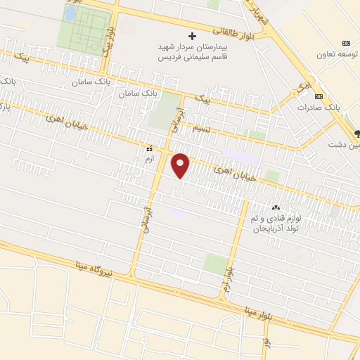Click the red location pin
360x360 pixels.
click(x=181, y=165)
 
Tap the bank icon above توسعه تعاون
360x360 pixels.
click(x=345, y=42)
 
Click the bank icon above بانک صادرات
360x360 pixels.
click(x=319, y=96)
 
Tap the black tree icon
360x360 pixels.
click(x=357, y=133)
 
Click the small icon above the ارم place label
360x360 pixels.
click(x=148, y=149)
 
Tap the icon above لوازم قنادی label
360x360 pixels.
click(x=275, y=208)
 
